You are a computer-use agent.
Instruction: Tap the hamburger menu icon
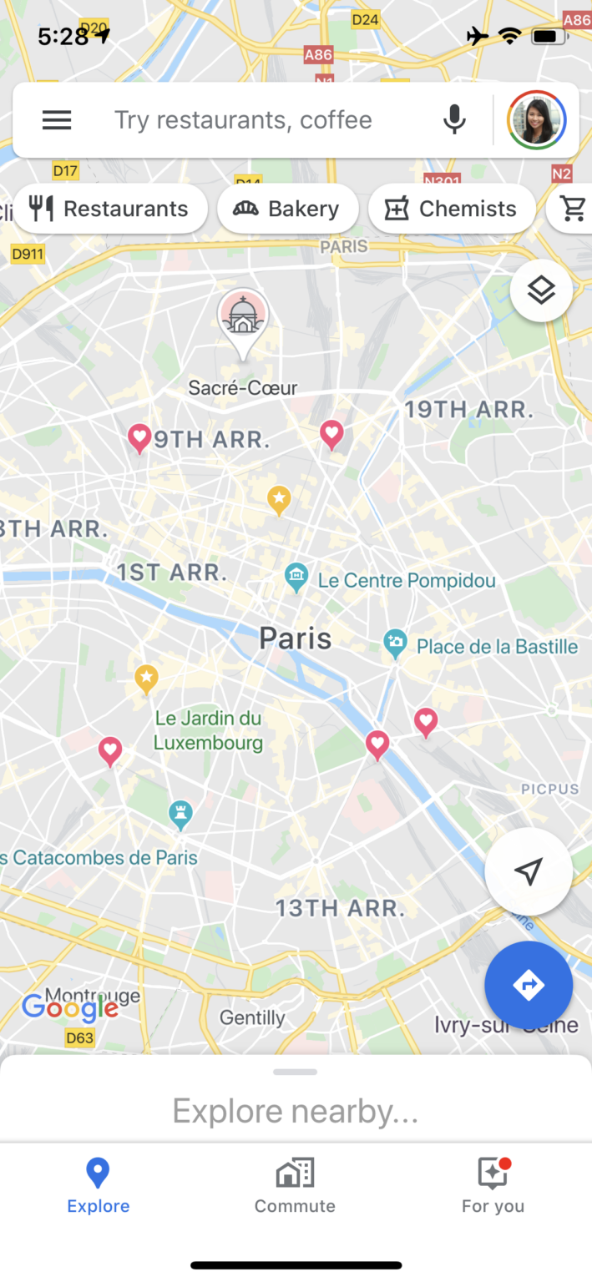[x=57, y=120]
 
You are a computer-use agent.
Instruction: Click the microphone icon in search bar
[x=454, y=120]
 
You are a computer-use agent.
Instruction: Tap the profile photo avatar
[x=537, y=120]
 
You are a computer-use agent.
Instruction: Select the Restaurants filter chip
[x=110, y=209]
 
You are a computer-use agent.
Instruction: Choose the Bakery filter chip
[x=287, y=209]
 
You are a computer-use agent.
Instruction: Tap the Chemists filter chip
[x=452, y=209]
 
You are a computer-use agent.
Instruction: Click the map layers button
[x=541, y=290]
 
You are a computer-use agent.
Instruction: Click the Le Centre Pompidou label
[x=406, y=580]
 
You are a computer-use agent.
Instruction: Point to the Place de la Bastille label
[x=497, y=646]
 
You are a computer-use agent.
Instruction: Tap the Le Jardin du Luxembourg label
[x=208, y=729]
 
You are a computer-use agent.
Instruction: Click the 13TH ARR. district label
[x=340, y=908]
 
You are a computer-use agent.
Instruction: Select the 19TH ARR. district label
[x=468, y=410]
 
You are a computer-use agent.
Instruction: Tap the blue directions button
[x=529, y=985]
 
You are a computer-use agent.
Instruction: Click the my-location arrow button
[x=529, y=871]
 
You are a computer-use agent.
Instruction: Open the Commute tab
[x=295, y=1185]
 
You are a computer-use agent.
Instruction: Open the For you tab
[x=493, y=1185]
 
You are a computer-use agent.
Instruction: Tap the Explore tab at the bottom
[x=99, y=1185]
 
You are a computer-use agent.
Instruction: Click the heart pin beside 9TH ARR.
[x=139, y=437]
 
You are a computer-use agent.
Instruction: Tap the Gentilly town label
[x=252, y=1017]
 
